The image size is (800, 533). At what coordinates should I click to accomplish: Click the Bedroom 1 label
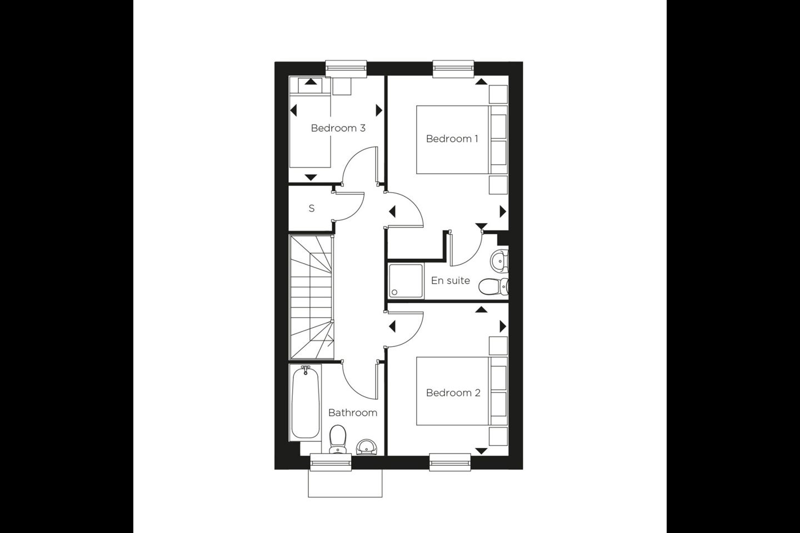[x=452, y=138]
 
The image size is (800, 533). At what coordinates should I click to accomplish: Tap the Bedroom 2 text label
[x=453, y=393]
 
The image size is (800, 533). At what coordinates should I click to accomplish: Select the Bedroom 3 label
[x=338, y=128]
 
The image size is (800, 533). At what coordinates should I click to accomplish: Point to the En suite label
[x=451, y=280]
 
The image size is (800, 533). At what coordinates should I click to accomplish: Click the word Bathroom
[x=352, y=413]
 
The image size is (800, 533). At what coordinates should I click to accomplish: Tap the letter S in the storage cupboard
[x=312, y=208]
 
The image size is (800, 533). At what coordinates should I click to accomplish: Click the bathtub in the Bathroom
[x=306, y=403]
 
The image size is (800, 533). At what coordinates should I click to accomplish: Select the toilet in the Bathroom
[x=337, y=439]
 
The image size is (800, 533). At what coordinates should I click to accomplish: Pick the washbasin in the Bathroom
[x=366, y=447]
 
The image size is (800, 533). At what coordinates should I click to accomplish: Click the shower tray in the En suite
[x=406, y=280]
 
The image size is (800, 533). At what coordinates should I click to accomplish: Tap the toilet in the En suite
[x=493, y=286]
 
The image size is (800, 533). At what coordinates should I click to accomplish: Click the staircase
[x=312, y=296]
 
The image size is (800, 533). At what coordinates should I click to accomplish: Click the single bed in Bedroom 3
[x=310, y=122]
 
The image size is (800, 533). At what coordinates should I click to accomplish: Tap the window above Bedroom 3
[x=347, y=68]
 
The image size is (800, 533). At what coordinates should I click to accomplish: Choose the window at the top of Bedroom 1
[x=453, y=68]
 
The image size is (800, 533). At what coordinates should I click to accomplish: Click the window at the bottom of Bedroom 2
[x=450, y=462]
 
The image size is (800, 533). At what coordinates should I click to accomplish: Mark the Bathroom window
[x=331, y=462]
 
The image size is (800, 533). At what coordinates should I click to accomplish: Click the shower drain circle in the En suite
[x=394, y=292]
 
